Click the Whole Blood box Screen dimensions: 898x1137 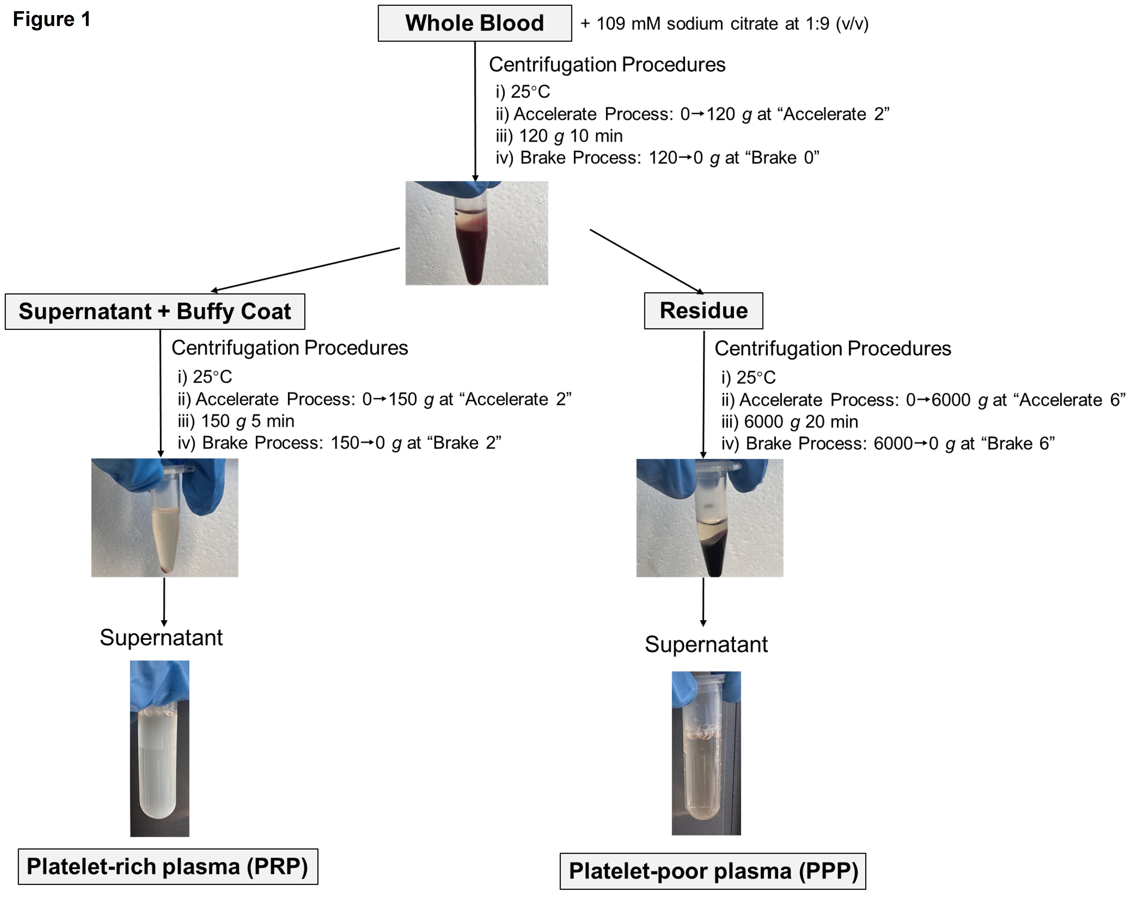click(x=474, y=23)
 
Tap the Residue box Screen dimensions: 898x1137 click(x=703, y=311)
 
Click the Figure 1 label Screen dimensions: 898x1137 click(x=51, y=20)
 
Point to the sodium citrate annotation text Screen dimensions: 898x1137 click(x=724, y=24)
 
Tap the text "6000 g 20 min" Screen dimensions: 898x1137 click(x=790, y=422)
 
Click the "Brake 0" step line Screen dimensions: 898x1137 click(x=657, y=158)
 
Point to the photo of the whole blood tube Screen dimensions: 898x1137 click(x=476, y=233)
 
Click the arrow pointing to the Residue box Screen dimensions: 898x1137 click(x=646, y=261)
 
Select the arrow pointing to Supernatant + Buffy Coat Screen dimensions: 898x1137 click(x=305, y=269)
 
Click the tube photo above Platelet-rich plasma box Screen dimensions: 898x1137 click(x=160, y=748)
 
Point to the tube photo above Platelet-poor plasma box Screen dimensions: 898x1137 click(x=706, y=753)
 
